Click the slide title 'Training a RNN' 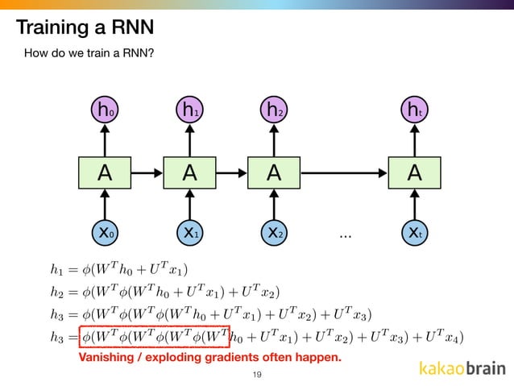click(x=85, y=29)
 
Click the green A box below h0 click(x=104, y=172)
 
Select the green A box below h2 click(x=275, y=172)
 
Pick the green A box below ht click(x=414, y=172)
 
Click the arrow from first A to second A click(x=147, y=172)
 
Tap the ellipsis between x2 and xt click(x=346, y=235)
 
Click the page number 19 click(x=257, y=375)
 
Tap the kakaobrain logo click(x=462, y=369)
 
